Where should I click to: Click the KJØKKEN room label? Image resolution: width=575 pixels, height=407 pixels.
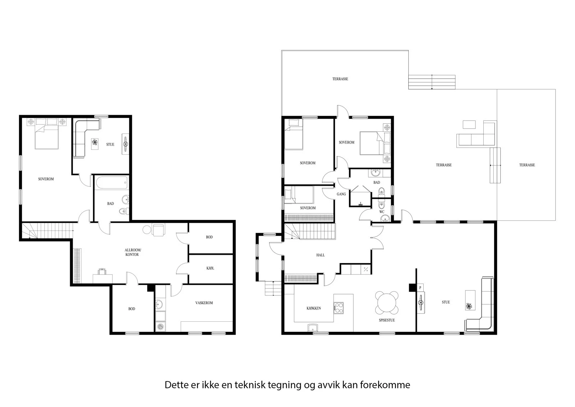click(313, 308)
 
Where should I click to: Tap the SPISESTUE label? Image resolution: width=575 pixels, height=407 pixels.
click(387, 320)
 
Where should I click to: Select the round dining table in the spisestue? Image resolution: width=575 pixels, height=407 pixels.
click(387, 303)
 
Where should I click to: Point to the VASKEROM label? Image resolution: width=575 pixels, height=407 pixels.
click(204, 303)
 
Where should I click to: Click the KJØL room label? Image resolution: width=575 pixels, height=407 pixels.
click(210, 268)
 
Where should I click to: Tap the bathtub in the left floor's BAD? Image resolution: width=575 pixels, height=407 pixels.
click(112, 182)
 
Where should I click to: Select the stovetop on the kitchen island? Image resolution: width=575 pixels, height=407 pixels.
click(339, 308)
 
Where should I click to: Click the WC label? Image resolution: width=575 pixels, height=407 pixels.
click(382, 212)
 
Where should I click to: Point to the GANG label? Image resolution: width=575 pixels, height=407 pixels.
click(341, 194)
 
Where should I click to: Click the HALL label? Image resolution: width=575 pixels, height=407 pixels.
click(320, 255)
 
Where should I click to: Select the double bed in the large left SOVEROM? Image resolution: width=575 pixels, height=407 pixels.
click(47, 134)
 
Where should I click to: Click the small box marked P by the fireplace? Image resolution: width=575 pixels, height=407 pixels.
click(420, 288)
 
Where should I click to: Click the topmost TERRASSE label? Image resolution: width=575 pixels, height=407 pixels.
click(340, 79)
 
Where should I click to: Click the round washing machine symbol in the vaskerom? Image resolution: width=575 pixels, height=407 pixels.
click(160, 326)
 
